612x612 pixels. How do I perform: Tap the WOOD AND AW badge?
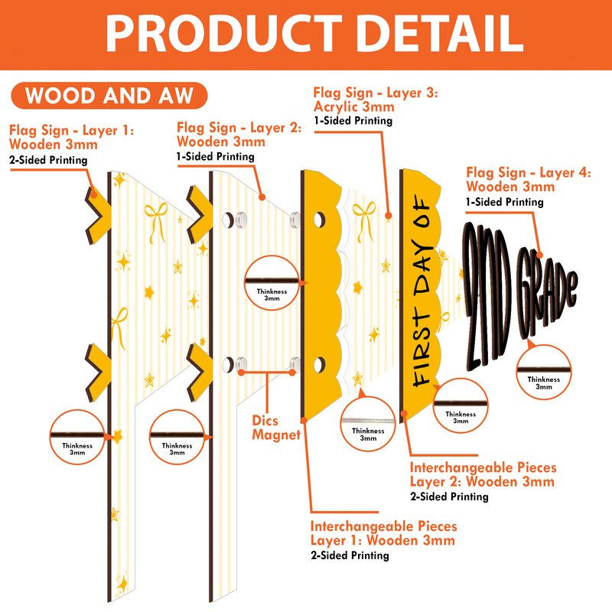(109, 96)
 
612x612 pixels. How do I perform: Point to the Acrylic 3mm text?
(354, 106)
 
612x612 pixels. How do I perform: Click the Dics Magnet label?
(276, 428)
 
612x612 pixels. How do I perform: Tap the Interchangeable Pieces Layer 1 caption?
(384, 533)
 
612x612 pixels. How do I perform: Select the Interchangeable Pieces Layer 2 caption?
(483, 474)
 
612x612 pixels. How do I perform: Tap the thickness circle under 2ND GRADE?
(544, 372)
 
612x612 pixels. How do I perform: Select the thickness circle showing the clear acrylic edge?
(368, 424)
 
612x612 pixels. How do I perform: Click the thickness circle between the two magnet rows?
(272, 283)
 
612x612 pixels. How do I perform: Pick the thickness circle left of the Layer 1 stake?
(77, 437)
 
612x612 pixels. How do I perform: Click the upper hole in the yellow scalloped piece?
(319, 220)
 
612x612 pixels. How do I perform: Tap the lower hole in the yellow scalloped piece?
(319, 365)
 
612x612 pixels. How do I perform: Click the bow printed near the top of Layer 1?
(156, 221)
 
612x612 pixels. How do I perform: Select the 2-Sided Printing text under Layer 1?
(48, 160)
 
